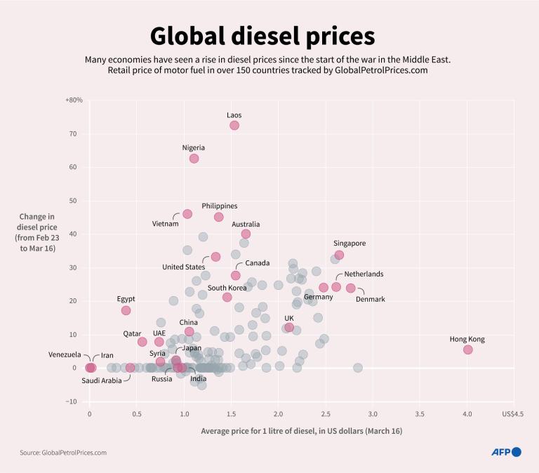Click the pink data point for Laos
pyautogui.click(x=234, y=125)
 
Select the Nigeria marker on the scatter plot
pyautogui.click(x=194, y=159)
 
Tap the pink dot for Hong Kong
pyautogui.click(x=468, y=349)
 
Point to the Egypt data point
pyautogui.click(x=126, y=310)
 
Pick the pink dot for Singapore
pyautogui.click(x=339, y=255)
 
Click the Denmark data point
pyautogui.click(x=351, y=288)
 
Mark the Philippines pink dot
pyautogui.click(x=219, y=217)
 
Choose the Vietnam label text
pyautogui.click(x=166, y=224)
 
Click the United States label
pyautogui.click(x=183, y=267)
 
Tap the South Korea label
pyautogui.click(x=227, y=288)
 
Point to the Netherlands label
pyautogui.click(x=364, y=274)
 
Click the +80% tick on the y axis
pyautogui.click(x=74, y=100)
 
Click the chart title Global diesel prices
pyautogui.click(x=262, y=36)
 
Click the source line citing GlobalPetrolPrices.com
pyautogui.click(x=63, y=453)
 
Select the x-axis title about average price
pyautogui.click(x=302, y=430)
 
